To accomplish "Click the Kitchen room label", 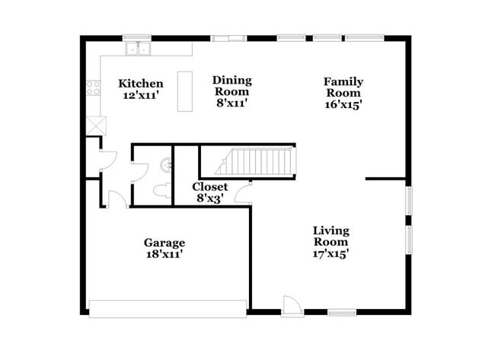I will [141, 83].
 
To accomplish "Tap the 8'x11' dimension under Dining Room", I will [232, 103].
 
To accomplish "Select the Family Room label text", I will [343, 88].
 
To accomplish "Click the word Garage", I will [164, 243].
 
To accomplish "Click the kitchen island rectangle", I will [184, 91].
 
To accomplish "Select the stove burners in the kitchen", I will [94, 88].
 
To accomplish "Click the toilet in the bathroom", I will [161, 191].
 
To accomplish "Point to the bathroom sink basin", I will [165, 162].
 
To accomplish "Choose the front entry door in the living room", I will [290, 304].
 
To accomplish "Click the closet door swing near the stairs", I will [243, 192].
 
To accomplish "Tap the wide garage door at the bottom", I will [168, 308].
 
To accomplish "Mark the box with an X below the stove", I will [94, 125].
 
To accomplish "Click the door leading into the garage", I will [117, 199].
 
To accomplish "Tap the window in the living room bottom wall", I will [343, 311].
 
